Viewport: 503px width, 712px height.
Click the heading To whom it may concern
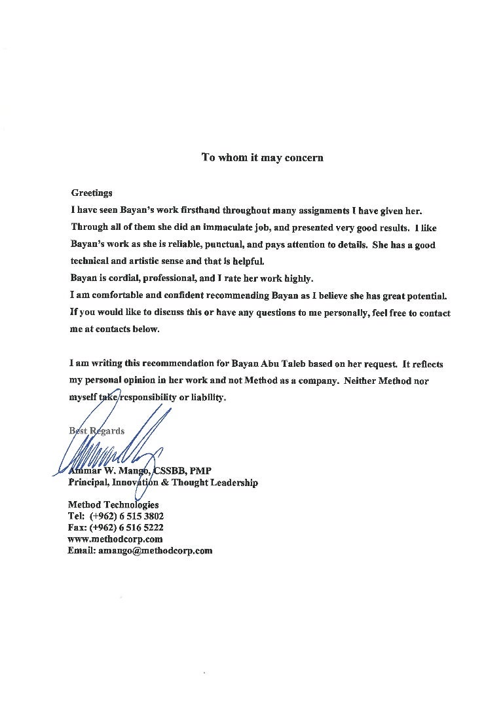262,158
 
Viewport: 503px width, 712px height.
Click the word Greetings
92,193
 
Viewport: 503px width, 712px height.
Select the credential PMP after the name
200,471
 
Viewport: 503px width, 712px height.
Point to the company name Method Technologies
113,505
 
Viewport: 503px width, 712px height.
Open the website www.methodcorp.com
115,539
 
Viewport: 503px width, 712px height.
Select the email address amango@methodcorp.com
155,551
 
